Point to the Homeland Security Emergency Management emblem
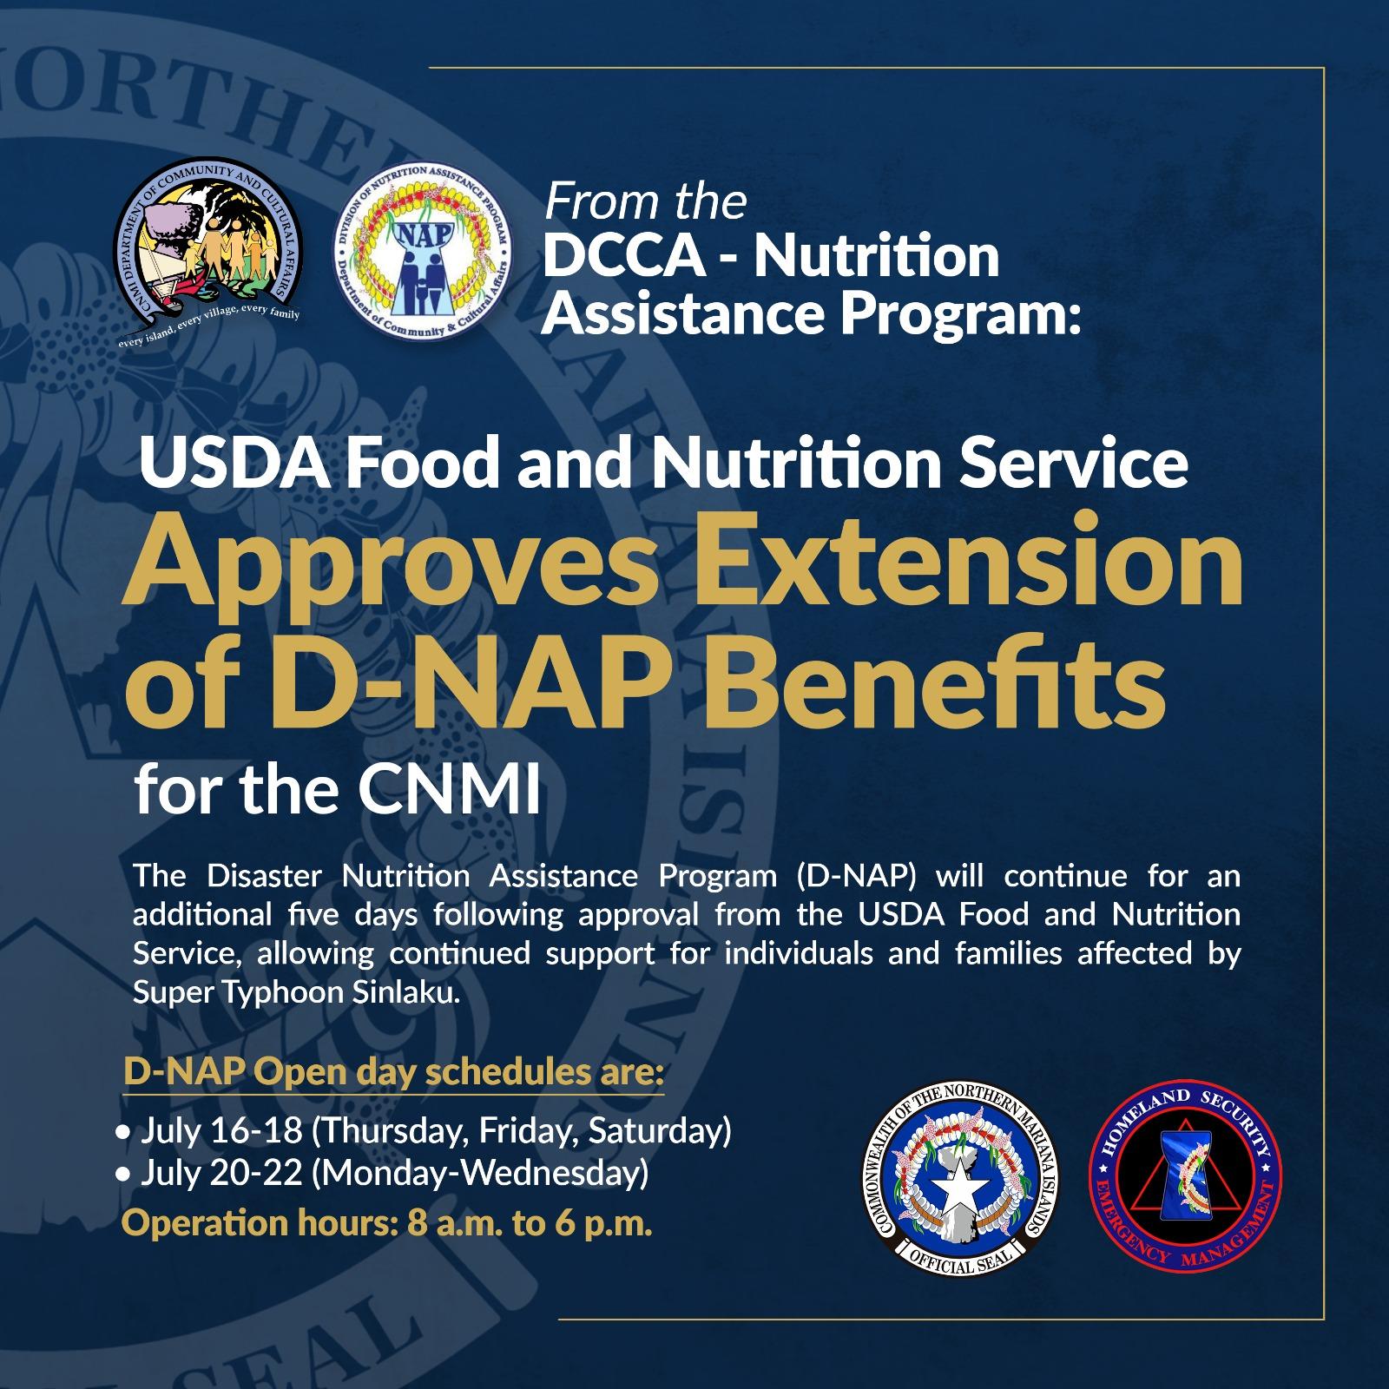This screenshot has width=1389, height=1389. (1185, 1183)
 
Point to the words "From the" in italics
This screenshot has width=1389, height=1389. (645, 201)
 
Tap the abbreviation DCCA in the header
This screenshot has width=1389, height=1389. (620, 257)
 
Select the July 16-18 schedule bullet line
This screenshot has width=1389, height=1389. (423, 1132)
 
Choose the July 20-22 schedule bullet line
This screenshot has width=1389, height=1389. (381, 1174)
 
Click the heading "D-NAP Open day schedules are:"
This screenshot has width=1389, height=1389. (394, 1073)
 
